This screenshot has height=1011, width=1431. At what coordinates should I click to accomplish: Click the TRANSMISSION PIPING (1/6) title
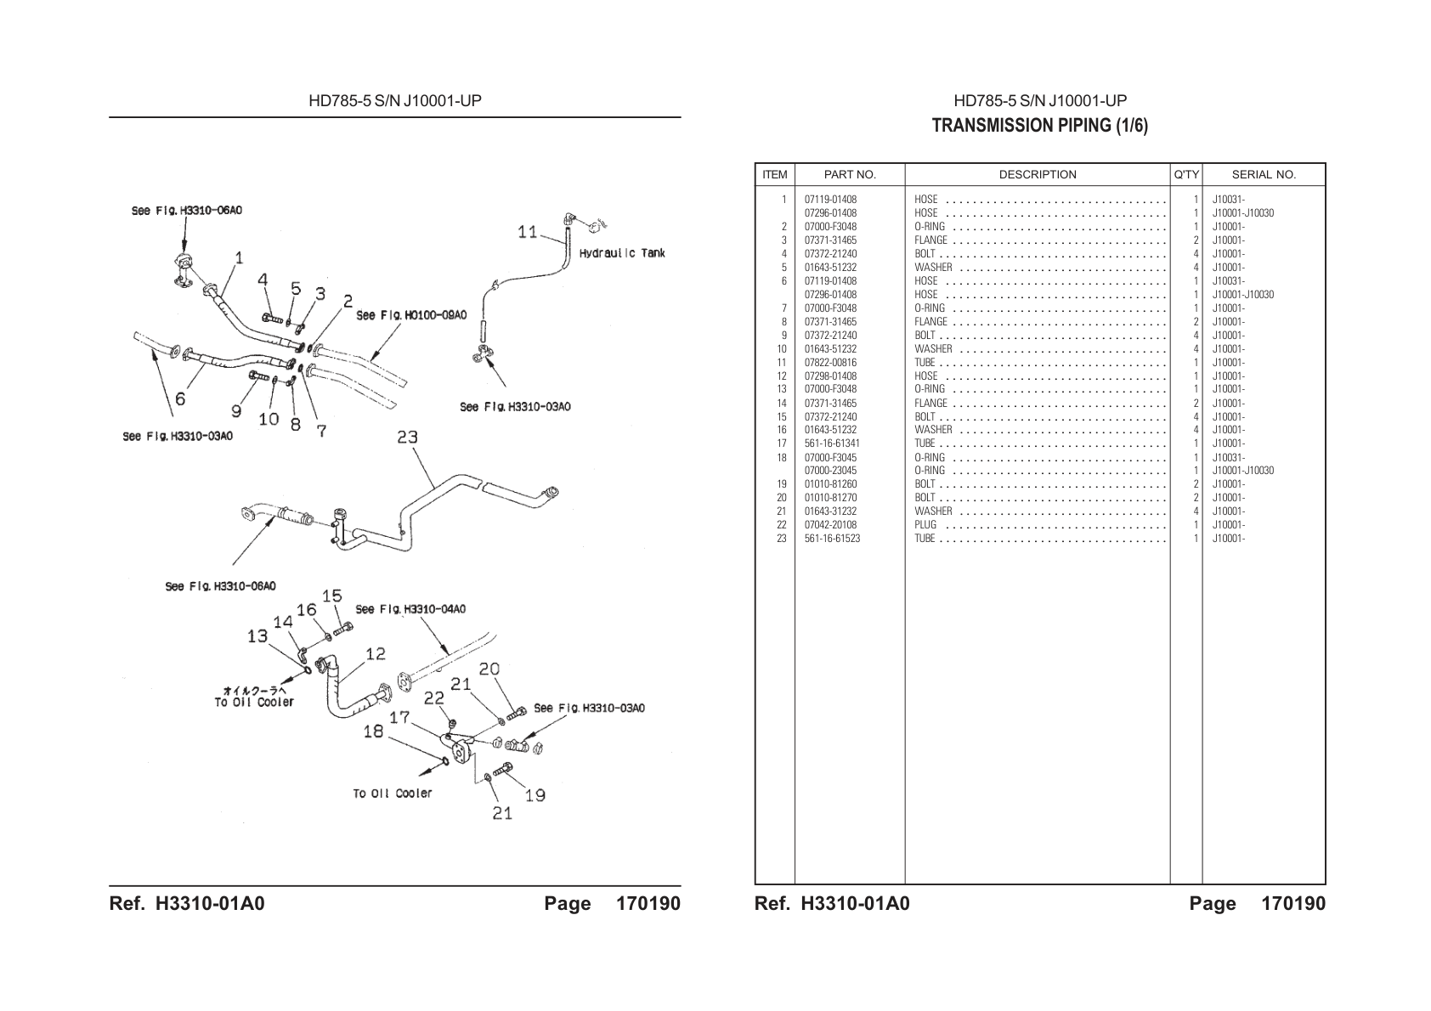[x=1039, y=125]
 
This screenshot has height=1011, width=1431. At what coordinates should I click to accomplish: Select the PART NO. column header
[x=850, y=174]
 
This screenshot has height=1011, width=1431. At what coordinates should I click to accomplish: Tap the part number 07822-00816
[x=830, y=363]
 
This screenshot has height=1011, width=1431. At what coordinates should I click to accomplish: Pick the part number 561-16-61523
[x=832, y=539]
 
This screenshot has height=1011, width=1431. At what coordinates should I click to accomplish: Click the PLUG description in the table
[x=925, y=525]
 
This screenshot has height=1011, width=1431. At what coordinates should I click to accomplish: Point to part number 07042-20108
[x=830, y=525]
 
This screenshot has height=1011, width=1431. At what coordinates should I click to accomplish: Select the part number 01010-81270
[x=830, y=498]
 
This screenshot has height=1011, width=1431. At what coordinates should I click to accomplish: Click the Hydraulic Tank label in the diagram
[x=621, y=253]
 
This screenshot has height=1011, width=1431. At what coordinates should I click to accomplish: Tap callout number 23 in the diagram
[x=408, y=437]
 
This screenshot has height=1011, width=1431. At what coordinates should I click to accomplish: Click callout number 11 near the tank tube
[x=528, y=231]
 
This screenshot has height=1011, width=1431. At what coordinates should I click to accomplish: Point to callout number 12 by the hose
[x=376, y=653]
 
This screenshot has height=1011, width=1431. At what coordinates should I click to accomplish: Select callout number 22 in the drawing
[x=433, y=698]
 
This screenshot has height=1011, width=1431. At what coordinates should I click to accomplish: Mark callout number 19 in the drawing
[x=535, y=795]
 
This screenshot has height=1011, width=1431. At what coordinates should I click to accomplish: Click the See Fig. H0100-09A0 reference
[x=411, y=315]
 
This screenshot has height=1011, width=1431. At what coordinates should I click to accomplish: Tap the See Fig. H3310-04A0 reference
[x=410, y=609]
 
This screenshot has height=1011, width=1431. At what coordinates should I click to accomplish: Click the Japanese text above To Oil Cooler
[x=251, y=691]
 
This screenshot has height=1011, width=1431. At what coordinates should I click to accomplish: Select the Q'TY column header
[x=1186, y=174]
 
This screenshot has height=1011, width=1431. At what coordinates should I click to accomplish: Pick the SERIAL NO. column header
[x=1264, y=174]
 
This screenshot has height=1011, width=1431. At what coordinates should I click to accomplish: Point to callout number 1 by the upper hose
[x=239, y=258]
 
